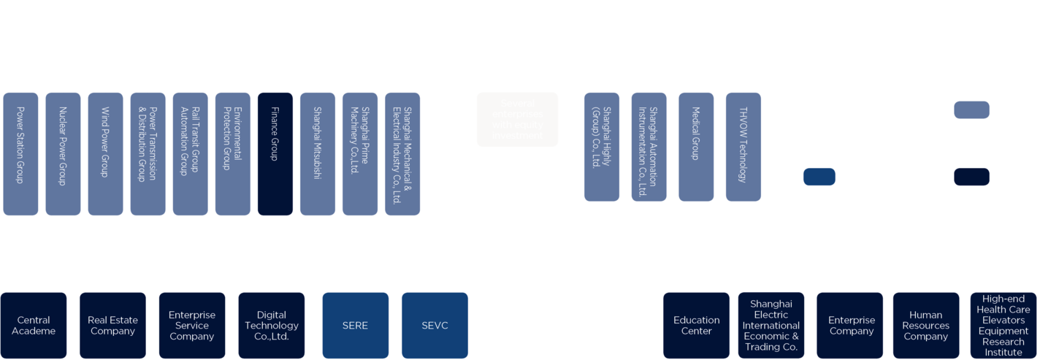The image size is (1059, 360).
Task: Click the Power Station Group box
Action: (x=21, y=153)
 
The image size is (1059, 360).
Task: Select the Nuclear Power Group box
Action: (x=64, y=153)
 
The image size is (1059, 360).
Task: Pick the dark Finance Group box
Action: (x=275, y=153)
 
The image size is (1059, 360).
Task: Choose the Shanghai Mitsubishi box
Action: (x=318, y=153)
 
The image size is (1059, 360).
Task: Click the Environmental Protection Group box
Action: (x=233, y=153)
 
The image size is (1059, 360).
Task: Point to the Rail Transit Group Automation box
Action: (x=191, y=153)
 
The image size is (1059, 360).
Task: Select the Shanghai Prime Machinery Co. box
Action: (x=360, y=153)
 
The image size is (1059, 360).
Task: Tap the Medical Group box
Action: (x=696, y=146)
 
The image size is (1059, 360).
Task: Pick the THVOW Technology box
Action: (x=743, y=146)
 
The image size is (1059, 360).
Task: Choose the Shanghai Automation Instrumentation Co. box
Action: (x=649, y=146)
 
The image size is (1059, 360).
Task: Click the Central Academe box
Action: (x=34, y=325)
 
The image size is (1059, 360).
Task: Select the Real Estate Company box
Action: (x=112, y=325)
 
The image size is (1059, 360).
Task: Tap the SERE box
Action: (x=355, y=325)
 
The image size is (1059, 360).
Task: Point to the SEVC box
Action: (x=435, y=325)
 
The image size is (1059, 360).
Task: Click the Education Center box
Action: (x=696, y=325)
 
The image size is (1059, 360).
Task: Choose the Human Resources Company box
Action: (x=926, y=325)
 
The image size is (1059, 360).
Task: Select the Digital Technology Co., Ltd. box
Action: (x=272, y=325)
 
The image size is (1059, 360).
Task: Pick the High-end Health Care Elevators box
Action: (x=1003, y=325)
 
